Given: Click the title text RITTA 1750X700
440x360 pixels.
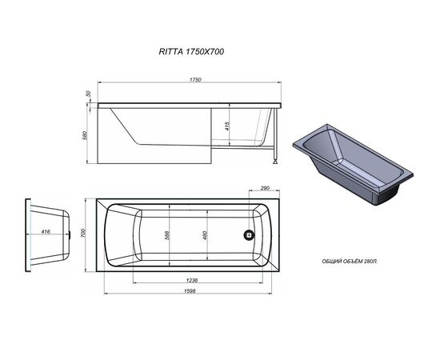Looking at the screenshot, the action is click(191, 52).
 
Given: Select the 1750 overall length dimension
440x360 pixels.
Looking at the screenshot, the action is click(195, 80).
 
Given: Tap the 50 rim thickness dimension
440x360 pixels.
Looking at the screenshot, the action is click(89, 94).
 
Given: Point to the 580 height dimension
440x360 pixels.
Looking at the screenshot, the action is click(86, 135).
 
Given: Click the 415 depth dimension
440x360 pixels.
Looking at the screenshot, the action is click(227, 126).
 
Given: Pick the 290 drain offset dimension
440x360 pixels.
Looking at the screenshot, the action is click(265, 188).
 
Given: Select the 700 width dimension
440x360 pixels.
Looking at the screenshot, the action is click(82, 233).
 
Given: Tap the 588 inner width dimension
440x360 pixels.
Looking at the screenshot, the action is click(166, 235).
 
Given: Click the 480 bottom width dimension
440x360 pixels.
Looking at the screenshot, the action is click(205, 235).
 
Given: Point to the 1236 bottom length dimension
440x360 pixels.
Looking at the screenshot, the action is click(192, 280).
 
